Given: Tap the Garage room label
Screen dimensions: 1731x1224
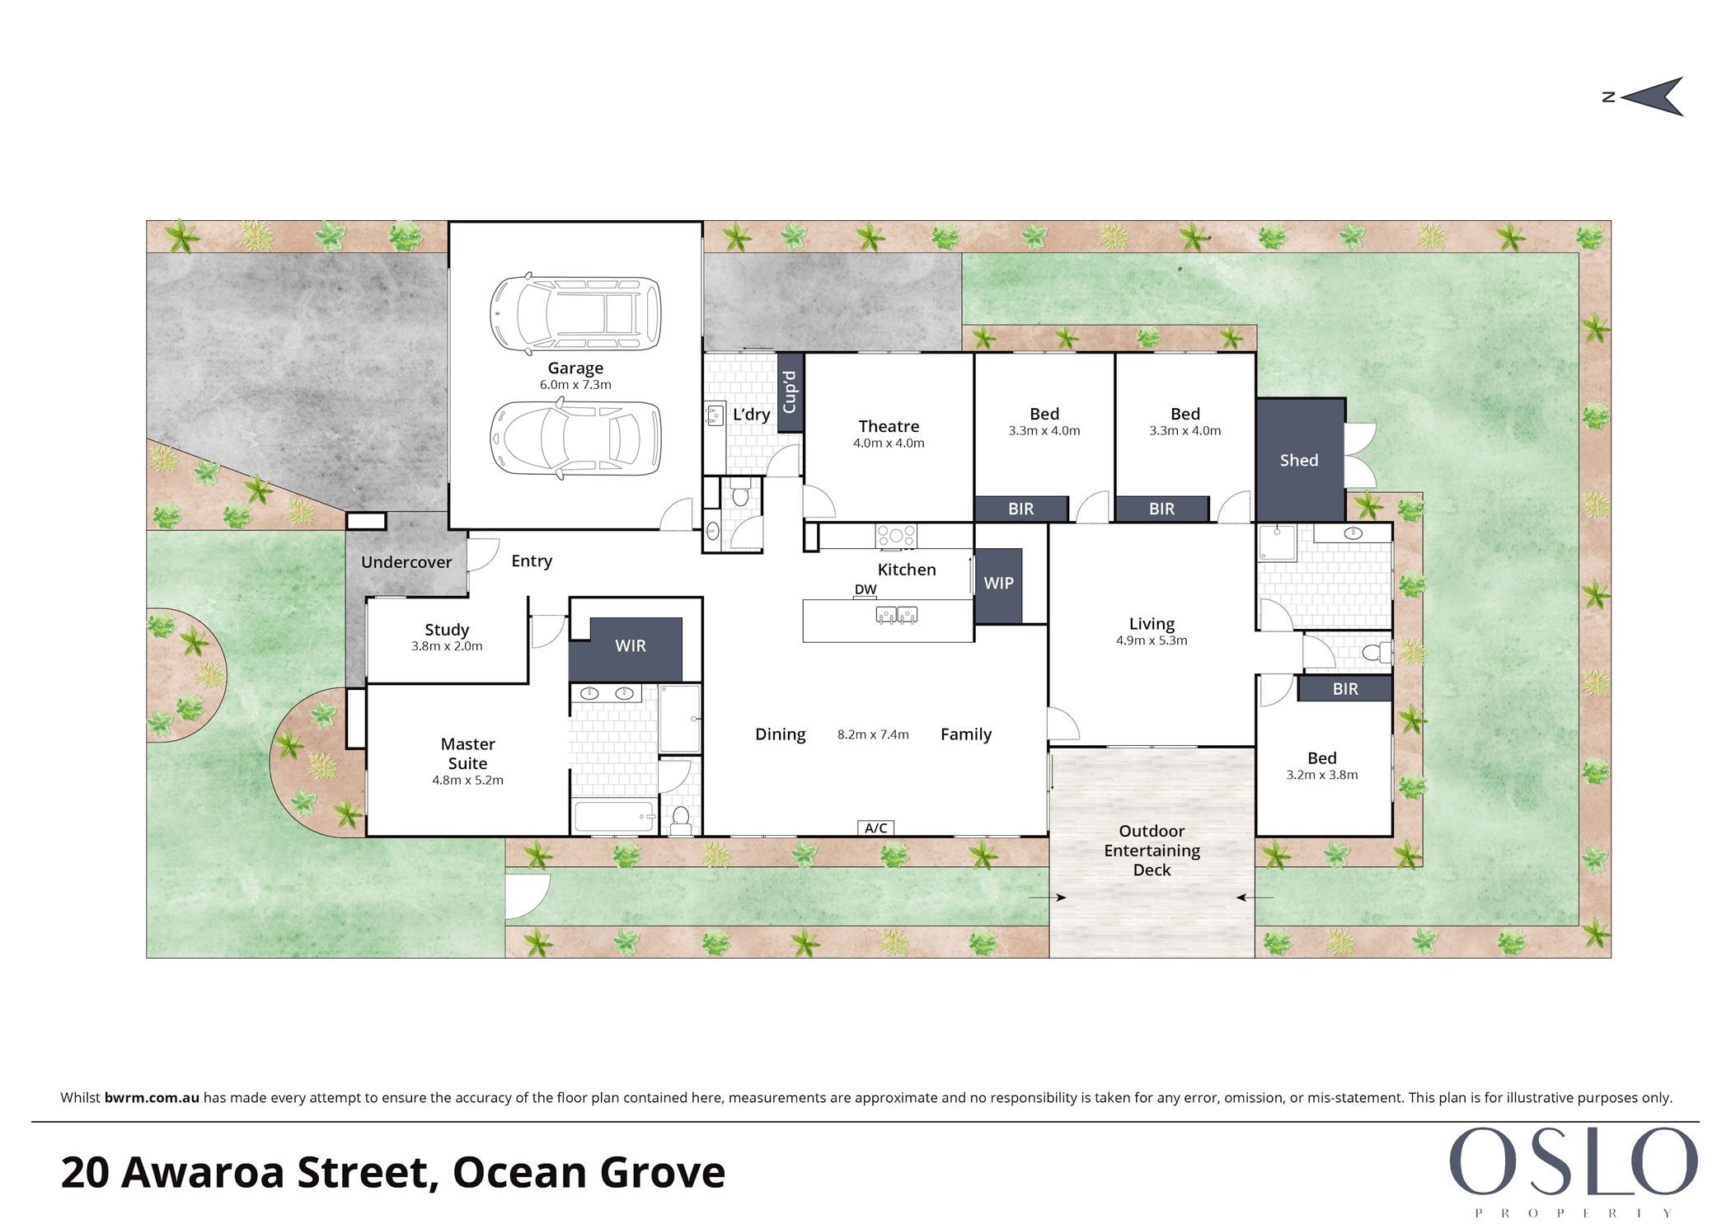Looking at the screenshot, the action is [x=575, y=368].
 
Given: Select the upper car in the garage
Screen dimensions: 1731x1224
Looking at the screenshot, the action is [x=575, y=313].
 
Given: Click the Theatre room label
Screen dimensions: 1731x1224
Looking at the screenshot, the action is [x=889, y=426].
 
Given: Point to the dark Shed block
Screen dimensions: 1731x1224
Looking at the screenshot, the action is [x=1301, y=460].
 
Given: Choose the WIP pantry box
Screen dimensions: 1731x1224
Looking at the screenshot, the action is [x=998, y=584].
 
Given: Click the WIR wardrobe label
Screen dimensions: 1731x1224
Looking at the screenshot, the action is [x=631, y=646].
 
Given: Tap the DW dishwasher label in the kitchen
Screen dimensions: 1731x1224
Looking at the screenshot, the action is [x=865, y=589].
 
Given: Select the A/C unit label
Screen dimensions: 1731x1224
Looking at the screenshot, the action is [x=875, y=828].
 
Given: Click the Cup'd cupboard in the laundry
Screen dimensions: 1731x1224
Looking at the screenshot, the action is [x=790, y=392].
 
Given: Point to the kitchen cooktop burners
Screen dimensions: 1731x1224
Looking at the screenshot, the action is [x=896, y=536].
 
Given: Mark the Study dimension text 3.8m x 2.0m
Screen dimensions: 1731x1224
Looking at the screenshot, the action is [x=447, y=646].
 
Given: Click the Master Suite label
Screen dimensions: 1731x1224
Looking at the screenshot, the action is [x=467, y=753].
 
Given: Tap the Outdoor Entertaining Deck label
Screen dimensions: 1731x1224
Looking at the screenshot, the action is [x=1152, y=850].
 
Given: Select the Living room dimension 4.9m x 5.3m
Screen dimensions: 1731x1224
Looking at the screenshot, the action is [x=1152, y=640].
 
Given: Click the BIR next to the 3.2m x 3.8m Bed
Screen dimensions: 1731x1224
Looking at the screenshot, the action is [x=1345, y=689].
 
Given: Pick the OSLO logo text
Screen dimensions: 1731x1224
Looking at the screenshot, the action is [x=1574, y=1161].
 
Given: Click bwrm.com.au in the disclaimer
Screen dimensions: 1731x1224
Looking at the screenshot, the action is [x=152, y=1098].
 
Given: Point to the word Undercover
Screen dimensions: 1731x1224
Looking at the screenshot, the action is [x=406, y=562].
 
